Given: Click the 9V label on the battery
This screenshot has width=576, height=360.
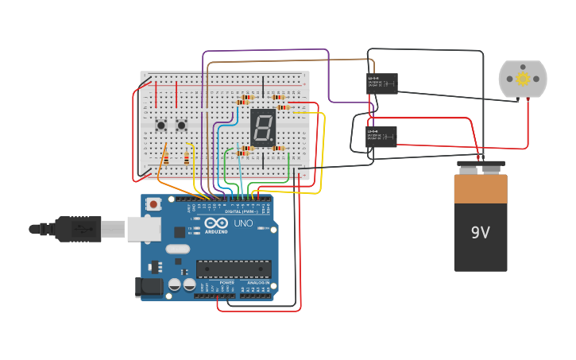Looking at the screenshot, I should pyautogui.click(x=481, y=233).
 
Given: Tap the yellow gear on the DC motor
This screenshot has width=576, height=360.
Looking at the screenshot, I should pyautogui.click(x=523, y=79).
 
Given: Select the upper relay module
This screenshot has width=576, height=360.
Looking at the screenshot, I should pyautogui.click(x=382, y=83).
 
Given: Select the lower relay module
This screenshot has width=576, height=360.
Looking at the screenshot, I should pyautogui.click(x=381, y=137).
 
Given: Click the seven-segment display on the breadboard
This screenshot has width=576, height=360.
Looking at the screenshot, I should pyautogui.click(x=262, y=126).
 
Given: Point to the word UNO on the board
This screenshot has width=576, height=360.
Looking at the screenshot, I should pyautogui.click(x=242, y=224).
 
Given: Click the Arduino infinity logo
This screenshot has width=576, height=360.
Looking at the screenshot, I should pyautogui.click(x=215, y=223).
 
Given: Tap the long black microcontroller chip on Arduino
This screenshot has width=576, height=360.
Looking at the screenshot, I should pyautogui.click(x=234, y=269).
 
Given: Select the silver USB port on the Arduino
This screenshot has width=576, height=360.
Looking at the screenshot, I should pyautogui.click(x=143, y=229).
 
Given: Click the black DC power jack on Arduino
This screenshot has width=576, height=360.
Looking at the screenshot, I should pyautogui.click(x=149, y=287).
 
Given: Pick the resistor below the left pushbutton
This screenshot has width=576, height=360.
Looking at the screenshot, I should pyautogui.click(x=164, y=157).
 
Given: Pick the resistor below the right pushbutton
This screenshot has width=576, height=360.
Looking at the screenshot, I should pyautogui.click(x=187, y=157).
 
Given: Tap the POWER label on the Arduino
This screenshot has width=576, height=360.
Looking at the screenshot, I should pyautogui.click(x=227, y=283).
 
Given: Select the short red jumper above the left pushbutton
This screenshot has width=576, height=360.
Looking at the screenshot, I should pyautogui.click(x=156, y=94).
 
